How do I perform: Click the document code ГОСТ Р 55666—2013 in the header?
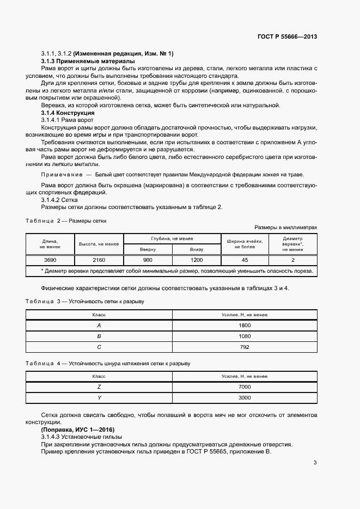point(287,37)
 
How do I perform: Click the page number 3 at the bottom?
point(315,463)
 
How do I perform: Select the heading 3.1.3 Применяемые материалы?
point(80,61)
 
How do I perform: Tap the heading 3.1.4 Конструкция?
point(68,113)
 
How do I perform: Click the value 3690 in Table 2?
point(50,260)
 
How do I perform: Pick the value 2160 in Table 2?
point(99,260)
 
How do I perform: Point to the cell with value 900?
point(148,260)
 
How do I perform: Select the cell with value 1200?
point(196,260)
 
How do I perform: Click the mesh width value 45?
point(245,260)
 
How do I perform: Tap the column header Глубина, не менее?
point(172,239)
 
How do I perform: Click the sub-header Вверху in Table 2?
point(148,249)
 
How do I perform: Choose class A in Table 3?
point(99,325)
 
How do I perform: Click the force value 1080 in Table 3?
point(245,336)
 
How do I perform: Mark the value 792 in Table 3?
point(245,347)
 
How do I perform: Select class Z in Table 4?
point(99,387)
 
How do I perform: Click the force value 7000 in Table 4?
point(245,387)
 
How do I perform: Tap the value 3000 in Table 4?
point(245,397)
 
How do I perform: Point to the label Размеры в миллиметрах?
point(285,227)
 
